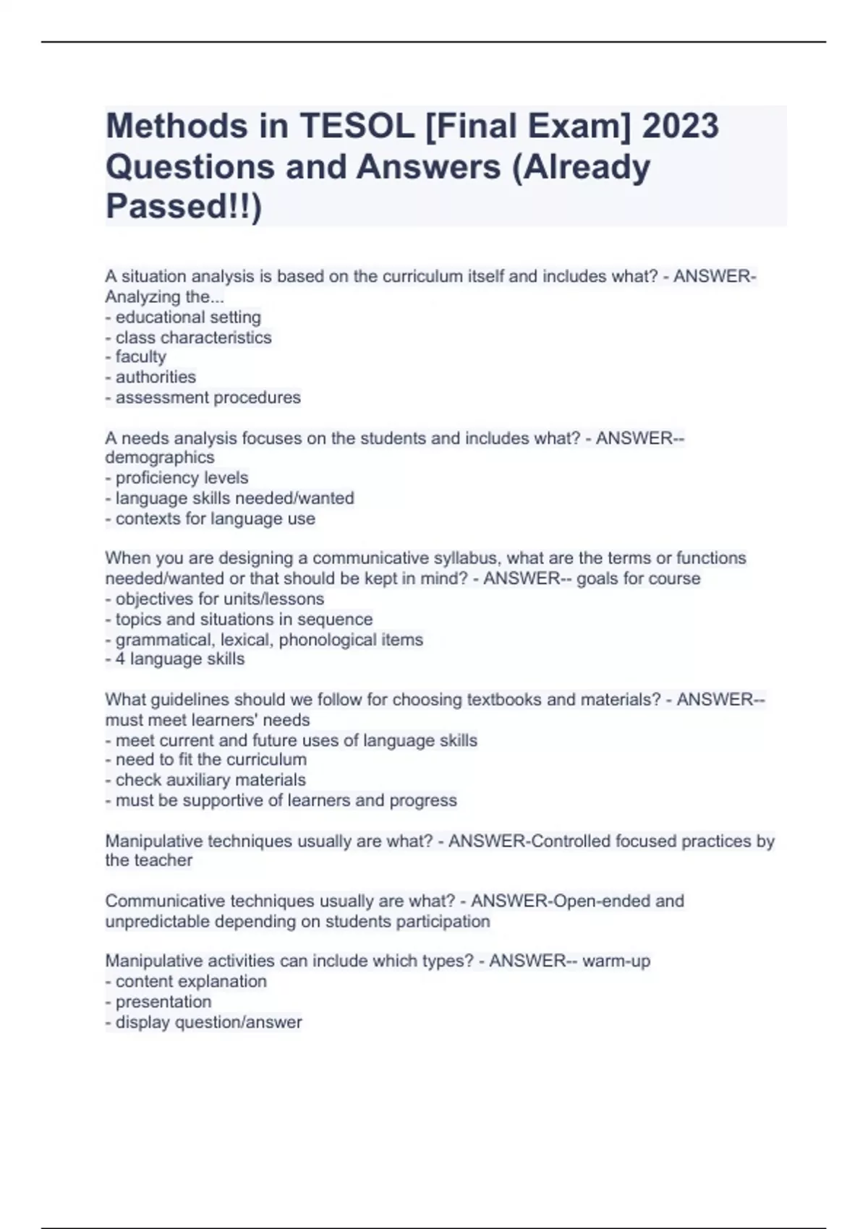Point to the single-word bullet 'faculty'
pyautogui.click(x=140, y=357)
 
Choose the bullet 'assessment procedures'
pyautogui.click(x=208, y=398)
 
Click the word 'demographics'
pyautogui.click(x=160, y=458)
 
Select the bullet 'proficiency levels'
pyautogui.click(x=182, y=478)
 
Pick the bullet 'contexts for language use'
pyautogui.click(x=215, y=519)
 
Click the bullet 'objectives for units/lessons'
pyautogui.click(x=219, y=599)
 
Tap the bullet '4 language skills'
pyautogui.click(x=179, y=659)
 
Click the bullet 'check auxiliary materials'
pyautogui.click(x=210, y=780)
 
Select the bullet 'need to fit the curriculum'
pyautogui.click(x=210, y=760)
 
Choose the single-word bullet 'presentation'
pyautogui.click(x=163, y=1002)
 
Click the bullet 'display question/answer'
pyautogui.click(x=208, y=1022)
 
